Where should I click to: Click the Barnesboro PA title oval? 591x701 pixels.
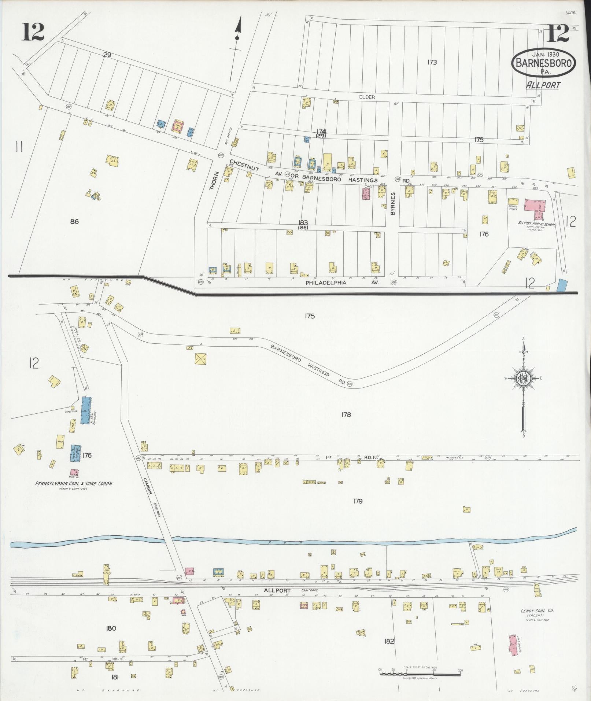[x=543, y=63]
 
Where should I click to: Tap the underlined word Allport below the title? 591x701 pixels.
[x=543, y=85]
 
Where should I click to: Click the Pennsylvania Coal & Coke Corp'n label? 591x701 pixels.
[x=74, y=483]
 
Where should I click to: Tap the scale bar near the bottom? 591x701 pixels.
[x=420, y=671]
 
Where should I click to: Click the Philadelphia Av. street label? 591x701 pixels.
[x=326, y=283]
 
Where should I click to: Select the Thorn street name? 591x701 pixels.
[x=213, y=181]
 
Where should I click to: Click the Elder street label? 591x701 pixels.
[x=367, y=97]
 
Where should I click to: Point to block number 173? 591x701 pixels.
[x=432, y=62]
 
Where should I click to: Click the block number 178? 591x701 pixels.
[x=346, y=414]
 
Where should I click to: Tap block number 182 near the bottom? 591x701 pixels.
[x=389, y=641]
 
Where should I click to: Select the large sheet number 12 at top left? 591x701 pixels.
[x=33, y=32]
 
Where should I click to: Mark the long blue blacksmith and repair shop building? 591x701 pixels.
[x=86, y=410]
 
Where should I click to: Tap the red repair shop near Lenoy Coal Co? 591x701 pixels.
[x=513, y=649]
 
